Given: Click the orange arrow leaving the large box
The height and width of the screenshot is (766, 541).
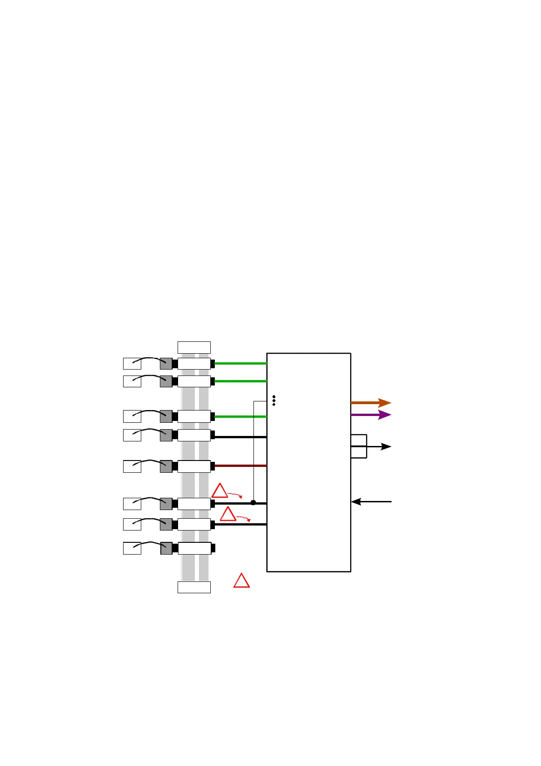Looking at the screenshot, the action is [370, 403].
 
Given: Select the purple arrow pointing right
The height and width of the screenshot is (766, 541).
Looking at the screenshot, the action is [370, 415].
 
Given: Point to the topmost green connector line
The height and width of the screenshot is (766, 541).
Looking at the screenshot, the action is [240, 363].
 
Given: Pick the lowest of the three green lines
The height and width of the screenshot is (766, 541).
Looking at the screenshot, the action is [240, 416].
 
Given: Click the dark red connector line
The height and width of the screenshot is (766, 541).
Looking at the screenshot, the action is [240, 466].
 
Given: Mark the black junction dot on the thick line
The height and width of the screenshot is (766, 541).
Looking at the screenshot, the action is [253, 503].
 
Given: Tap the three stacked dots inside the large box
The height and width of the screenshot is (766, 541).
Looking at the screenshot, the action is [273, 401].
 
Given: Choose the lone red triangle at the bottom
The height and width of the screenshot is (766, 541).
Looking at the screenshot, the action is [242, 581].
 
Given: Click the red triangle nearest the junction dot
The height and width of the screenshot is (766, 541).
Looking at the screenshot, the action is [220, 491].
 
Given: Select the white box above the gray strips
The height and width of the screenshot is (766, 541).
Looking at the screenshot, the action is [194, 347].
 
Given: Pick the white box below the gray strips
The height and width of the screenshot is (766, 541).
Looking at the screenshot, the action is [194, 587].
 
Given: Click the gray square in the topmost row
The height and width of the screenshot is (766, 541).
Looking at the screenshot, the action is [166, 364].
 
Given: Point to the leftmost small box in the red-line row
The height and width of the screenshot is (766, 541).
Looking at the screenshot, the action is [132, 466].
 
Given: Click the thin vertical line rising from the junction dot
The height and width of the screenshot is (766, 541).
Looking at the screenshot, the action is [253, 450].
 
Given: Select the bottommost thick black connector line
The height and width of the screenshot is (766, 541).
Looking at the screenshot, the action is [240, 525].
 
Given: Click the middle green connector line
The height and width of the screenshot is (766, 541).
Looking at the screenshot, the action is [240, 381].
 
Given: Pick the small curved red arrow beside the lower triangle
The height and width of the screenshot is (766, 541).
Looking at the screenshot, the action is [243, 518].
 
